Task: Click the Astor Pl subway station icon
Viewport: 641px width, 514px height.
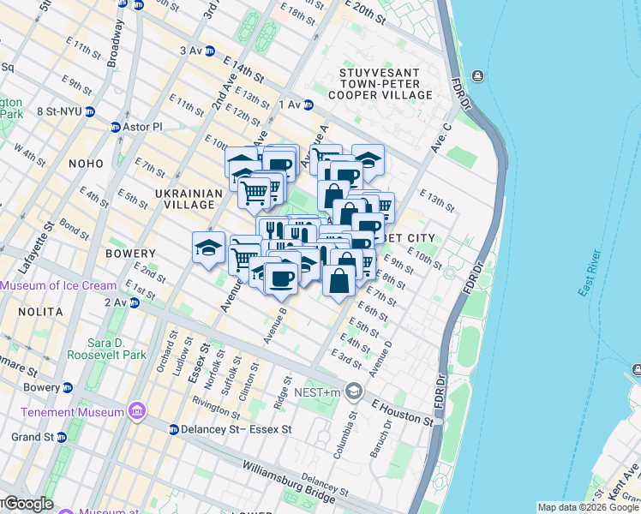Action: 116,128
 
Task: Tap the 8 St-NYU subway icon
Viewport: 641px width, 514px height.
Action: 90,111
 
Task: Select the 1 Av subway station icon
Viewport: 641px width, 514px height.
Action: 309,105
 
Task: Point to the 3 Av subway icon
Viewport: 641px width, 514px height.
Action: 210,51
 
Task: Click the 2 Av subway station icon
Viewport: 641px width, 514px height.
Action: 134,302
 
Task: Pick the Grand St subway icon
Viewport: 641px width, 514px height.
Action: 62,437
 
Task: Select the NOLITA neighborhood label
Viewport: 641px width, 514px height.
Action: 24,318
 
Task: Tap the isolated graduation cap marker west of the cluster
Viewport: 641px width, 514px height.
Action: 208,248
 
